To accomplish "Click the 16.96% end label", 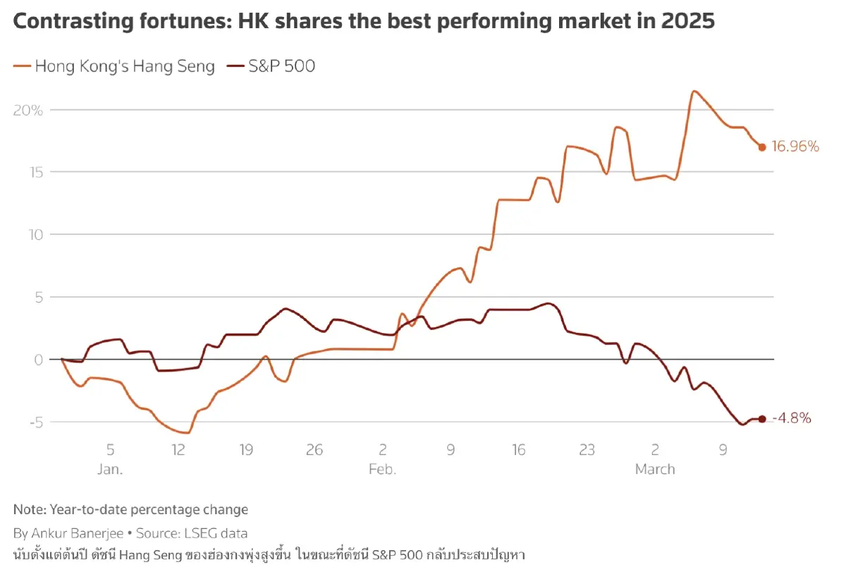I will pyautogui.click(x=795, y=147).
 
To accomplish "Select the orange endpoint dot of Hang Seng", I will pyautogui.click(x=762, y=147).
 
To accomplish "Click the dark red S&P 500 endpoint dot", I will pyautogui.click(x=761, y=419).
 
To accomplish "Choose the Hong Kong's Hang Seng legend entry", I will pyautogui.click(x=115, y=66).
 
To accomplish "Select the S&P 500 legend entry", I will pyautogui.click(x=271, y=66).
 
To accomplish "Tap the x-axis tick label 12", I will pyautogui.click(x=178, y=450).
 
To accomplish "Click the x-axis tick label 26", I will pyautogui.click(x=314, y=450).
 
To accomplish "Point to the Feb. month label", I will pyautogui.click(x=382, y=469).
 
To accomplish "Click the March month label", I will pyautogui.click(x=655, y=469).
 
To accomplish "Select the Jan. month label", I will pyautogui.click(x=111, y=469).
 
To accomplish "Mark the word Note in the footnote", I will pyautogui.click(x=28, y=509).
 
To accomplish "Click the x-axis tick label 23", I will pyautogui.click(x=587, y=450).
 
